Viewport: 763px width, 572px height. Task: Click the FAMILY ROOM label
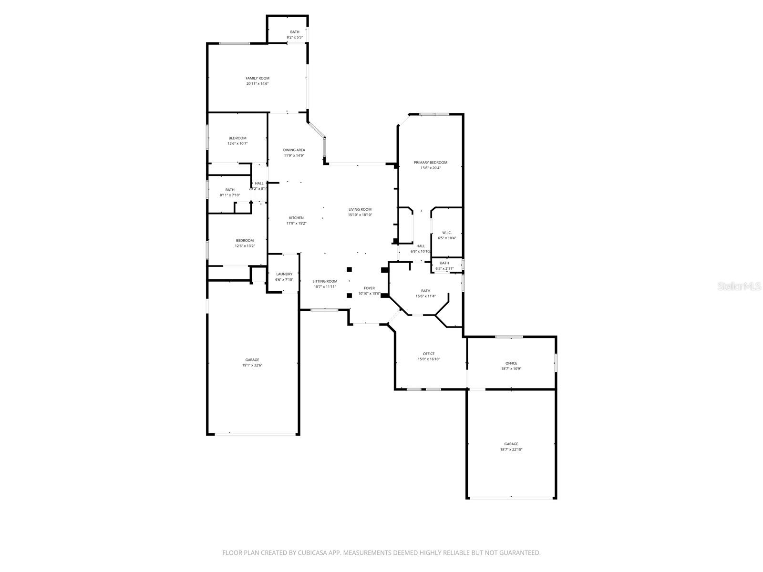[258, 78]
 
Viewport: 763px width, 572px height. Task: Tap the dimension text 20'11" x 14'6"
[258, 84]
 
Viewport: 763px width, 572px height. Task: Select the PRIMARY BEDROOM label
[431, 163]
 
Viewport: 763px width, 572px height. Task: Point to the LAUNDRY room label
[284, 274]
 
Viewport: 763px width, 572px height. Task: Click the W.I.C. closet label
[447, 233]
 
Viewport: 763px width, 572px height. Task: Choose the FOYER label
[370, 288]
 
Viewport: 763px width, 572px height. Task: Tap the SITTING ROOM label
[325, 281]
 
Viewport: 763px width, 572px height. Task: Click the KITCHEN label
[296, 218]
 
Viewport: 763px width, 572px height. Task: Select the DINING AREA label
[294, 150]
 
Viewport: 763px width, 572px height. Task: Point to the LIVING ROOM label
[360, 209]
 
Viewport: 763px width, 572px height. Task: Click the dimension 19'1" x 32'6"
[252, 366]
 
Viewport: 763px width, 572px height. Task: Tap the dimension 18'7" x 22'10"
[511, 449]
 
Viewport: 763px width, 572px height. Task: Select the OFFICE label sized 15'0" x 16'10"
[429, 354]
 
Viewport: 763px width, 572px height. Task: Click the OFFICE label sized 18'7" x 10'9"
[511, 363]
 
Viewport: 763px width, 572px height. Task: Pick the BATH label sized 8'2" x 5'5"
[295, 32]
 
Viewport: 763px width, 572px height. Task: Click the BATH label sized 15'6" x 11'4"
[425, 291]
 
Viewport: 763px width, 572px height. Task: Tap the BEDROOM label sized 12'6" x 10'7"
[237, 138]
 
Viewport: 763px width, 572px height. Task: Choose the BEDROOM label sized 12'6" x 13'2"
[245, 240]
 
